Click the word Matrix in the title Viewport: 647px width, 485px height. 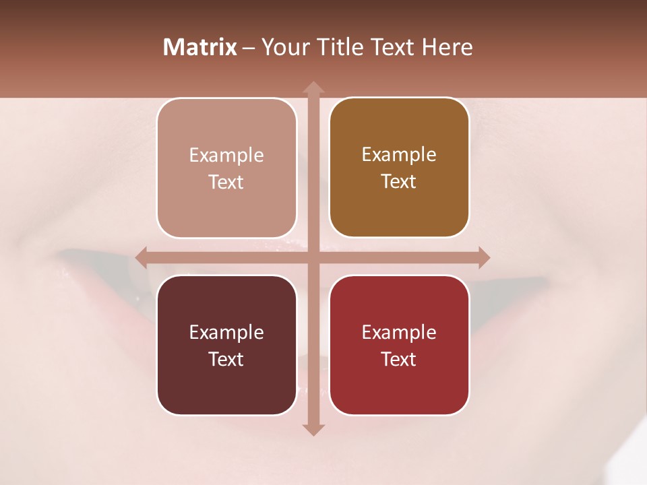200,47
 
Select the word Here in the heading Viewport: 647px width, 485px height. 447,47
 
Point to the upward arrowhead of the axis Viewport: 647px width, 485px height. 313,87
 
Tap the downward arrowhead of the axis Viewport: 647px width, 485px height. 313,430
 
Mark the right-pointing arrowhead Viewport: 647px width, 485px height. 484,257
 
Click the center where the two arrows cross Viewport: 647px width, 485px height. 313,257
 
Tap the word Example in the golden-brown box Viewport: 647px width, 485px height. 399,155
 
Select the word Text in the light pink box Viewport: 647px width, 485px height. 226,182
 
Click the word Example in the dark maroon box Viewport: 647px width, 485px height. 226,332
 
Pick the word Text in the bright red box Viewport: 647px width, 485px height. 399,359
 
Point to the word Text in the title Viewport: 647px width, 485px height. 391,47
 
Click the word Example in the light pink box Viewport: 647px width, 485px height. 226,156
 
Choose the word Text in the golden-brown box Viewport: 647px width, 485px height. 399,181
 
